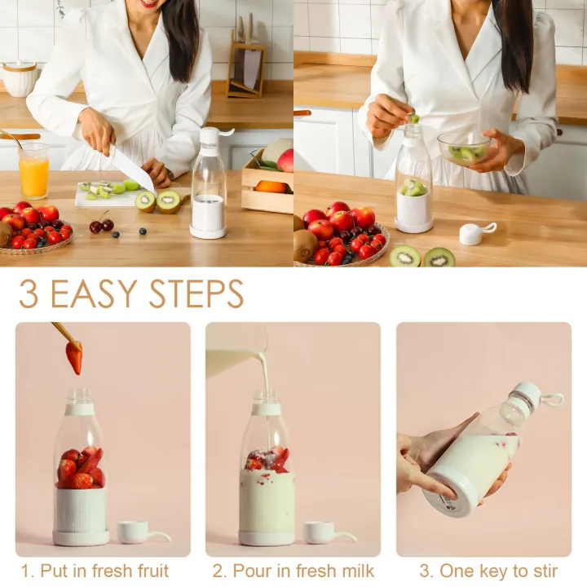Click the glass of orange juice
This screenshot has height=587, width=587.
click(x=33, y=172)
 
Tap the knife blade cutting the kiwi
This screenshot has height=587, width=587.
click(x=131, y=170)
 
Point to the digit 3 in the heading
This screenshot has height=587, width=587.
click(x=28, y=294)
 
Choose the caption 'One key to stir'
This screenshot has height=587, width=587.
click(x=488, y=571)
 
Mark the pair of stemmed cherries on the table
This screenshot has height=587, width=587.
click(x=102, y=224)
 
